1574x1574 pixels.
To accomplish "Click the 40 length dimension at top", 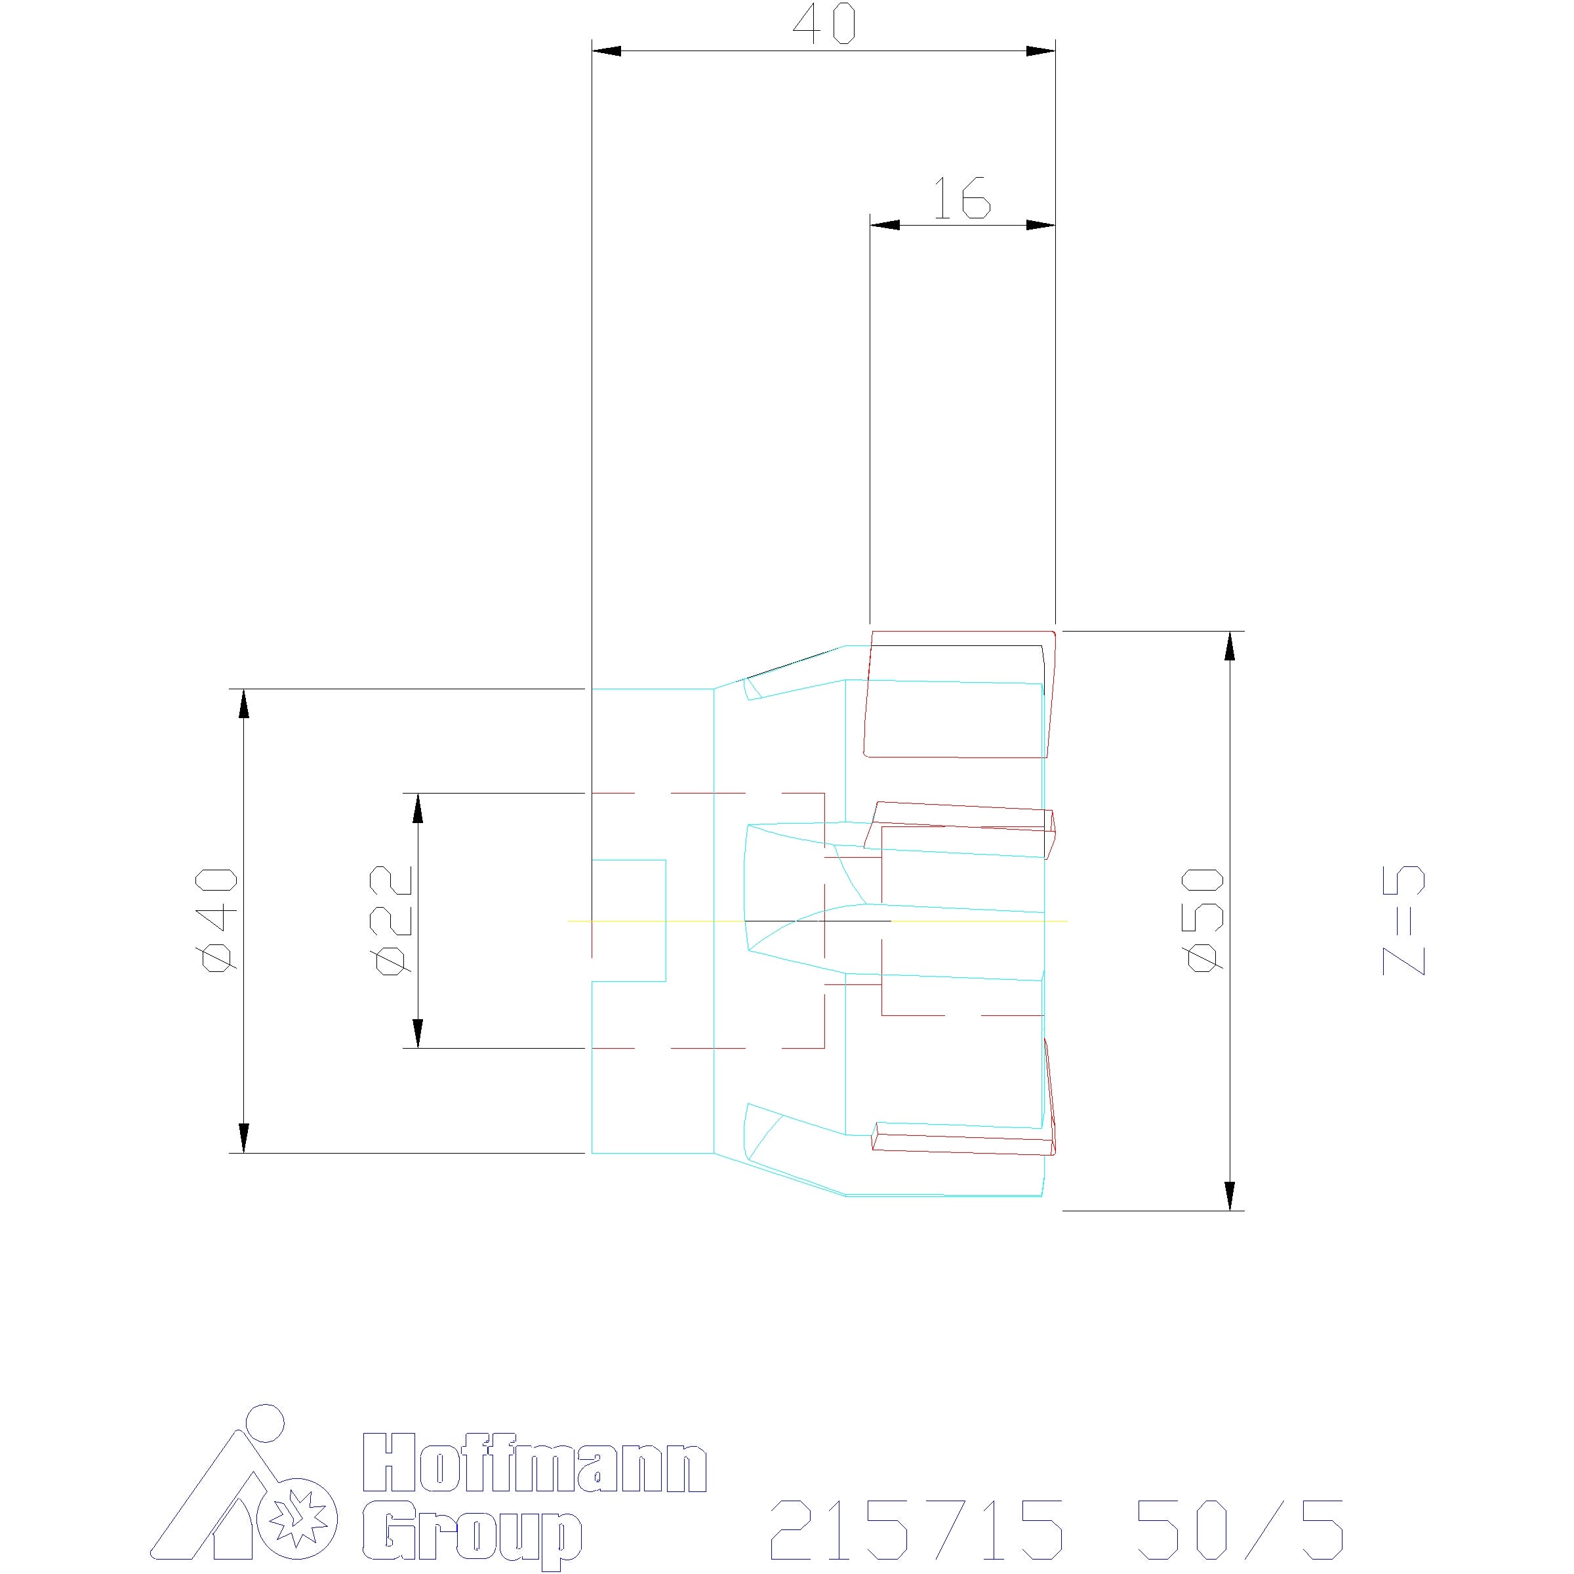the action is tap(824, 24).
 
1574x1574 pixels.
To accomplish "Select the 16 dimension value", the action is tap(961, 198).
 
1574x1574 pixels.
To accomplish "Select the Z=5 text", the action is tap(1403, 921).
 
